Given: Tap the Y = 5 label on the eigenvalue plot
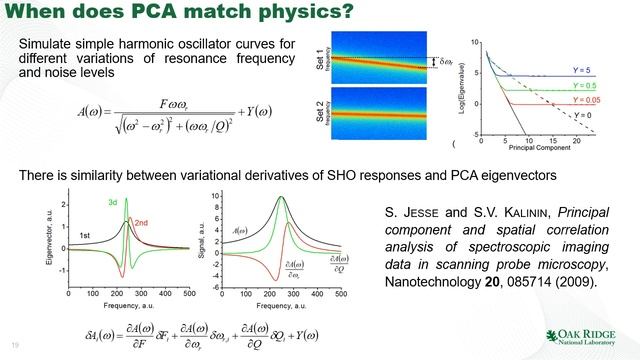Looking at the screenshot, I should pyautogui.click(x=583, y=68).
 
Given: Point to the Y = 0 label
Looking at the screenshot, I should pyautogui.click(x=582, y=116).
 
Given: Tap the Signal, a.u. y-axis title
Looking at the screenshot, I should pyautogui.click(x=202, y=241).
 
